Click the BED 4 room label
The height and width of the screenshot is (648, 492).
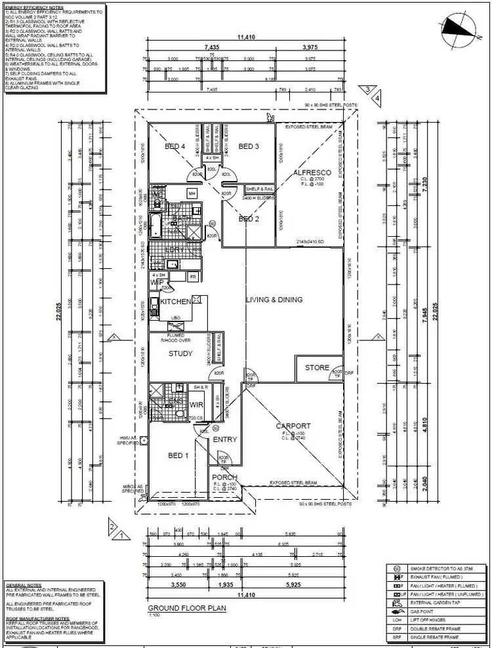click(176, 146)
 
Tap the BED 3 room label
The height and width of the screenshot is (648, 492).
click(249, 146)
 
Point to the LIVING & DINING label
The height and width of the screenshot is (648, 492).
click(274, 300)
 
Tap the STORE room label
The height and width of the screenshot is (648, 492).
click(317, 368)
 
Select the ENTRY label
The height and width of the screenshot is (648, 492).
click(225, 439)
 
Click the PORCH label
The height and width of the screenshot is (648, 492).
click(224, 477)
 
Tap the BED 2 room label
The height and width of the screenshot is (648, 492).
click(249, 219)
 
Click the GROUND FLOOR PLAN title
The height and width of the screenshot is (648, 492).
click(187, 608)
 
